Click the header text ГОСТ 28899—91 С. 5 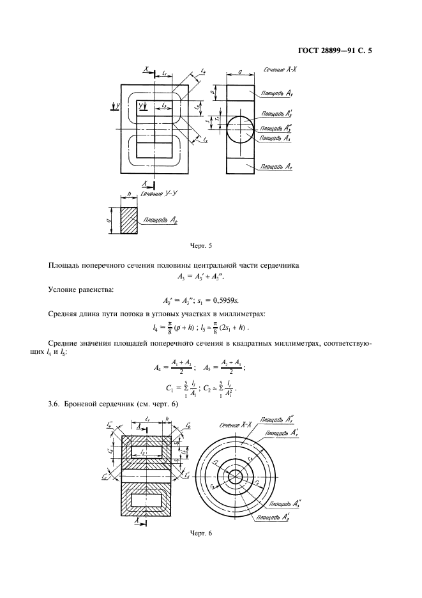(x=334, y=45)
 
